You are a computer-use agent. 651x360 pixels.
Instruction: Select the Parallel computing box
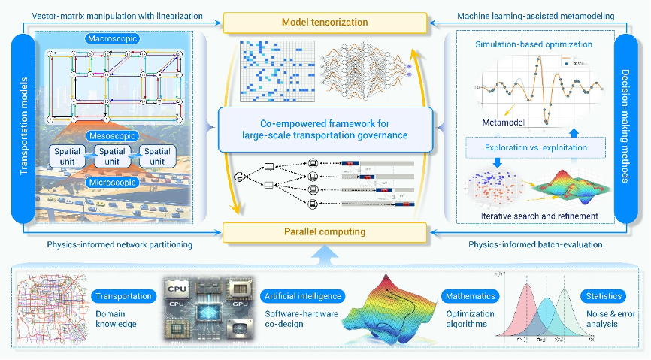click(x=325, y=231)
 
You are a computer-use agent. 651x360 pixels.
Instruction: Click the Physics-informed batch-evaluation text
click(x=536, y=244)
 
